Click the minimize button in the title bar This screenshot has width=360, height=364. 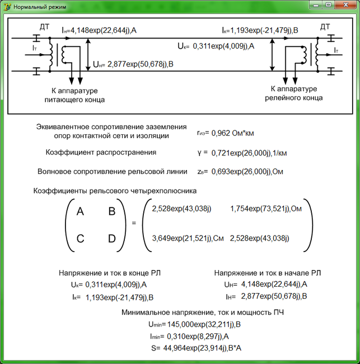(316, 4)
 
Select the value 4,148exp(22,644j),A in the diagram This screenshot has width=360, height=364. (103, 31)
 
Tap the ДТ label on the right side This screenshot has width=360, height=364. (325, 27)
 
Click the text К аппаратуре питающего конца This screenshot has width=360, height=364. (74, 95)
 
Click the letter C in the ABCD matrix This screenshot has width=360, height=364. (80, 239)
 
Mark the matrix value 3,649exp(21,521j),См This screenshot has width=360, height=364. (188, 238)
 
